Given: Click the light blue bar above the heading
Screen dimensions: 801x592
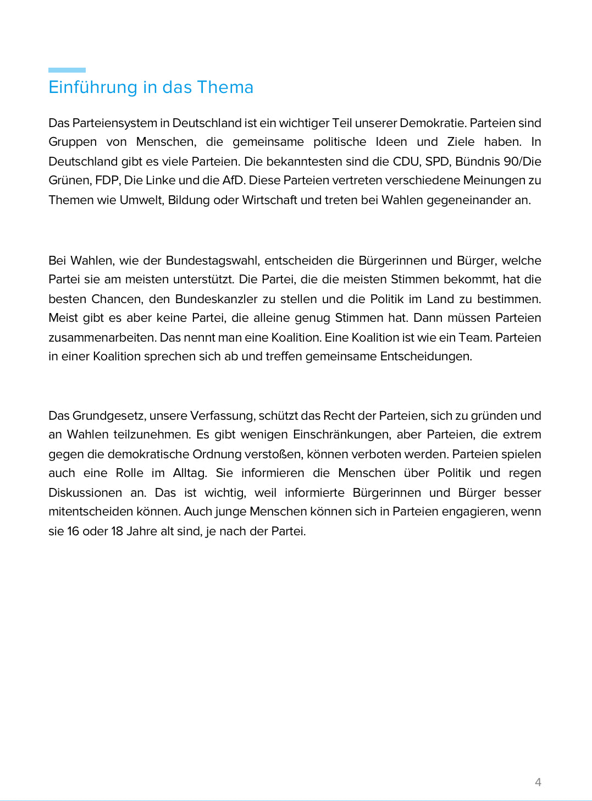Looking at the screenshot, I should [x=67, y=70].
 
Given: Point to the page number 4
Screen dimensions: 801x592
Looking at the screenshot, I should [x=538, y=782].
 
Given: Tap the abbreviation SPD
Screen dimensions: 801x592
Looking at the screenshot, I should [x=437, y=161].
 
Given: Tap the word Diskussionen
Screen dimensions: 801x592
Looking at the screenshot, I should [x=85, y=492].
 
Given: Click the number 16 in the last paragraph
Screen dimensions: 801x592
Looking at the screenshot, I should [x=73, y=531].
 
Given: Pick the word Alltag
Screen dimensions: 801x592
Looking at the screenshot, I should [x=190, y=473].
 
